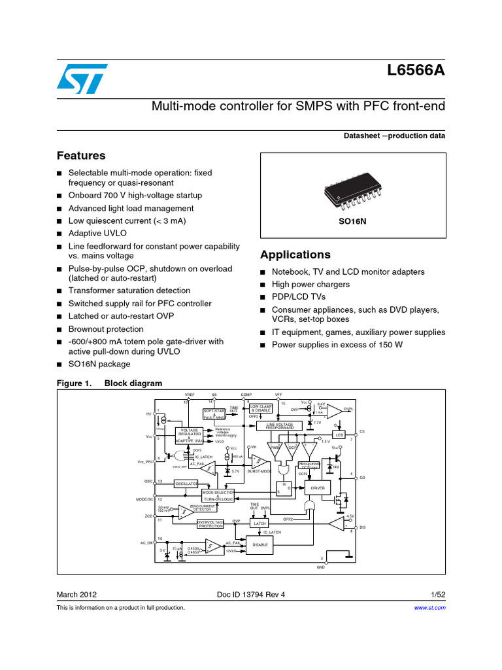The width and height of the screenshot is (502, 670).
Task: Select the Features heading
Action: point(81,156)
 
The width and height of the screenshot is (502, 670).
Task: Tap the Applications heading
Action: point(295,255)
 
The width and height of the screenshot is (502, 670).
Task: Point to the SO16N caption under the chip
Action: point(352,221)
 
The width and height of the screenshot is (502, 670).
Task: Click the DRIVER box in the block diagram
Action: point(318,488)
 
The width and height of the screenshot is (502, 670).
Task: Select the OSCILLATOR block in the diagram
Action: point(186,484)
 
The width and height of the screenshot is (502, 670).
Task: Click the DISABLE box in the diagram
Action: point(260,544)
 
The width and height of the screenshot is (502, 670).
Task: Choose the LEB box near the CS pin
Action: point(339,434)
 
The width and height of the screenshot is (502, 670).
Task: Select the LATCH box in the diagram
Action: point(261,523)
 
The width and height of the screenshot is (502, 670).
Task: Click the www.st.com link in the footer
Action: point(430,608)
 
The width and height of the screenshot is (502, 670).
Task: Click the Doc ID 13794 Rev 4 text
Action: point(250,595)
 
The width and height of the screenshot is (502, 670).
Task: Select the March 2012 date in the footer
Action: point(77,595)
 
